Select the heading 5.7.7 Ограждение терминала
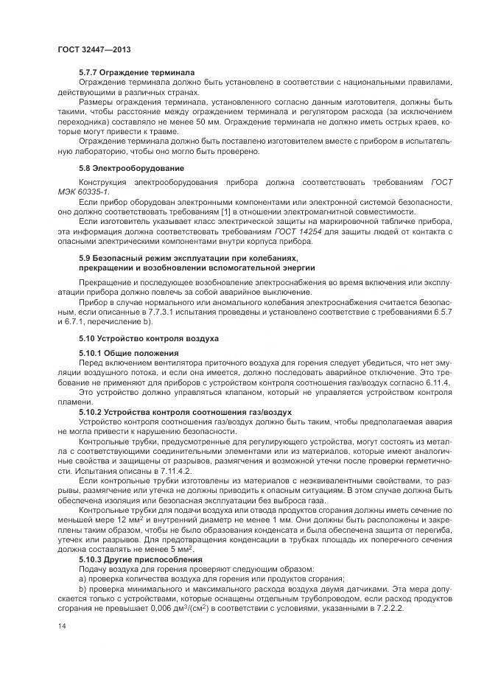tap(136, 72)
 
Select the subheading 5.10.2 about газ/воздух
tap(185, 411)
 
